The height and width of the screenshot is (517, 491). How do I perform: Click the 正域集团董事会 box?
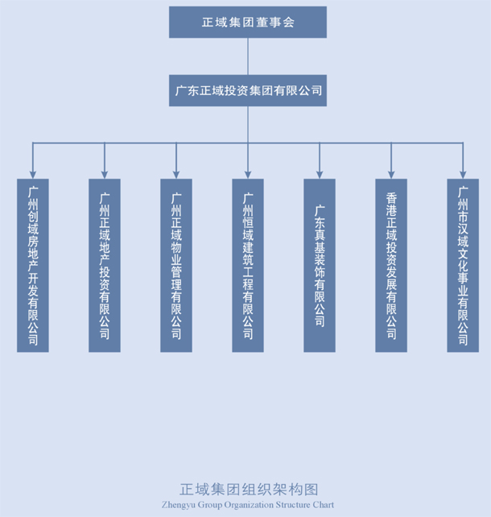coord(248,22)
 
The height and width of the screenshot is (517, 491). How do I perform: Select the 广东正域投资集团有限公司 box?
coord(248,91)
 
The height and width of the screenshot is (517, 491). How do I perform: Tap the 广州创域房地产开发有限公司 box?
coord(33,265)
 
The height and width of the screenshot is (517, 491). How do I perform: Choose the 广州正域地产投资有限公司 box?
coord(105,265)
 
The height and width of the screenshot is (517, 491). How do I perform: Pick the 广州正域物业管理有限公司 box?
coord(176,265)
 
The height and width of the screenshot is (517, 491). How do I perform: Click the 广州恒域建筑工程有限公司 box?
coord(248,265)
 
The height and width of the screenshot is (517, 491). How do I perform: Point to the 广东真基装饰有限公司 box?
coord(320,265)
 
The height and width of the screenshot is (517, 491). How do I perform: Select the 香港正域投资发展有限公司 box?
coord(391,265)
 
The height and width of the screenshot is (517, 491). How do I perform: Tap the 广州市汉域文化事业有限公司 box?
coord(463,265)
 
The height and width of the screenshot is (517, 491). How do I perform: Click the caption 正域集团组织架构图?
coord(248,490)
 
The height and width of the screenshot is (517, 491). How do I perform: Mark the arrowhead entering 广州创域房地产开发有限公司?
coord(33,173)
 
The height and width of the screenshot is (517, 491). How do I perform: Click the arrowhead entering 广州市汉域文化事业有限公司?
coord(463,173)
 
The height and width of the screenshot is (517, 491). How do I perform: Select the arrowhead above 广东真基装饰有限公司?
coord(320,173)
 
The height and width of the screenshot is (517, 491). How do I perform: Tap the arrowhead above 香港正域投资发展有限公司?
coord(391,173)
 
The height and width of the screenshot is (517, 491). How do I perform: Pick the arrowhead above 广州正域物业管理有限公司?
coord(176,173)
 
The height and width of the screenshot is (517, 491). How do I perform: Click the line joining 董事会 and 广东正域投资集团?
coord(248,56)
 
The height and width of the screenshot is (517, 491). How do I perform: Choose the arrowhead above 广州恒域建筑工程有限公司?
coord(248,173)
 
